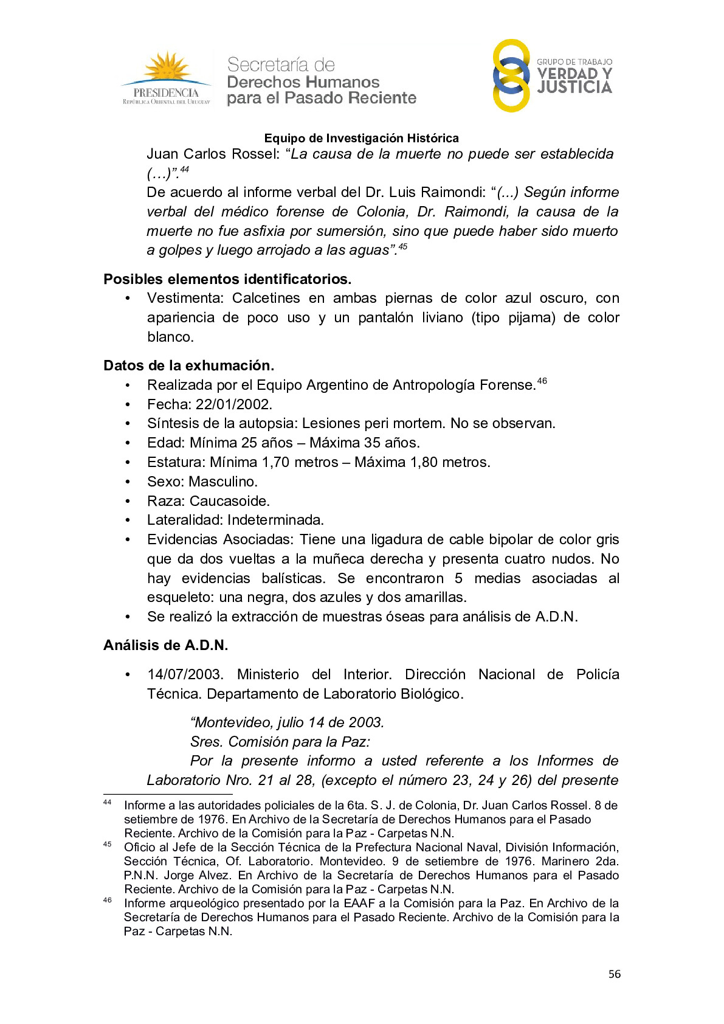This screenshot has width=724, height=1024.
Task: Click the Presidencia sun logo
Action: click(166, 78)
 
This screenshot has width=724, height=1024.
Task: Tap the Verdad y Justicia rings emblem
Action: click(511, 75)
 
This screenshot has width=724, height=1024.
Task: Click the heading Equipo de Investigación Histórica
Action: click(361, 139)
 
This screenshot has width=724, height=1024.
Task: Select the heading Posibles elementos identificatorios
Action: click(227, 279)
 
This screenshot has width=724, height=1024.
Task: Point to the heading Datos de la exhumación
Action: click(188, 365)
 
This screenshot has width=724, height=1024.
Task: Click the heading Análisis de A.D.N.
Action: click(165, 645)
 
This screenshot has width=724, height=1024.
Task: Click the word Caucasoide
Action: click(229, 501)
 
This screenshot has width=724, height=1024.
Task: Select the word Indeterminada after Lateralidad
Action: click(275, 520)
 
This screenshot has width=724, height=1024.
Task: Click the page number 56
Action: click(615, 974)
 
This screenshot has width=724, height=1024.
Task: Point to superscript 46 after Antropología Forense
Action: click(542, 381)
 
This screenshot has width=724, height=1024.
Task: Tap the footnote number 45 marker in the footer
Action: click(108, 844)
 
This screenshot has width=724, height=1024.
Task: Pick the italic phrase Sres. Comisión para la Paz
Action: click(280, 742)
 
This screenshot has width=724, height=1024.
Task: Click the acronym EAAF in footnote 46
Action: click(359, 903)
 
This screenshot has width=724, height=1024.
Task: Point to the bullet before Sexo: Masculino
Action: click(128, 482)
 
